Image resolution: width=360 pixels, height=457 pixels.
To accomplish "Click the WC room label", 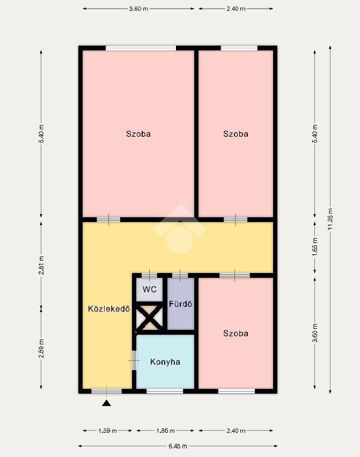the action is click(x=150, y=290).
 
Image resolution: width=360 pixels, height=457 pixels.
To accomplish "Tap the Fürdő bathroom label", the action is click(x=180, y=304).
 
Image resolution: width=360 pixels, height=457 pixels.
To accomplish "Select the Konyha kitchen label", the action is click(x=165, y=362).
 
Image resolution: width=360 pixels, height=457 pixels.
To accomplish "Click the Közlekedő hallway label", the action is click(x=109, y=308).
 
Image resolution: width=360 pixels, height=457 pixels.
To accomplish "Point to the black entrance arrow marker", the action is click(x=106, y=403).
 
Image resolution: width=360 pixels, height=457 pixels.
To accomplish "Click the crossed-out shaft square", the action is click(x=150, y=317).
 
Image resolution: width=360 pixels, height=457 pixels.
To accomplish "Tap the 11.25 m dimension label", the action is click(x=330, y=219).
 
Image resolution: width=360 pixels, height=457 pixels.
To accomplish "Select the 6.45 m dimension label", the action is click(x=178, y=446).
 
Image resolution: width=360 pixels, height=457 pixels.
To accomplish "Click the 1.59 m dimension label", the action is click(x=107, y=431).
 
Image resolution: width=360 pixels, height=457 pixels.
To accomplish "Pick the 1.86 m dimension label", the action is click(x=165, y=431).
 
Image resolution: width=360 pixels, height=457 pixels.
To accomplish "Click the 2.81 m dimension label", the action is click(x=41, y=265).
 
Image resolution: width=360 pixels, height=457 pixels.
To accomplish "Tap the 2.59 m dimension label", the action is click(x=41, y=348).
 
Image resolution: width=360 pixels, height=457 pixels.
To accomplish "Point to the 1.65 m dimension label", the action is click(x=315, y=247).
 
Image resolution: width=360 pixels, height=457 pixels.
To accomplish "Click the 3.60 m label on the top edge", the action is click(x=138, y=9).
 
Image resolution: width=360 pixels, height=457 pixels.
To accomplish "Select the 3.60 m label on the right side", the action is click(x=315, y=333).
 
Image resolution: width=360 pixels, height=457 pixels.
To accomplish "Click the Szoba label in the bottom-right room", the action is click(x=236, y=334).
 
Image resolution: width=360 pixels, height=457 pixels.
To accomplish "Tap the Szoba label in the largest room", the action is click(x=138, y=134).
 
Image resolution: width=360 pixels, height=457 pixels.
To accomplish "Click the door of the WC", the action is click(x=149, y=275).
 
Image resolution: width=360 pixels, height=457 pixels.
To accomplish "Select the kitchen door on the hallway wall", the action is click(x=134, y=360).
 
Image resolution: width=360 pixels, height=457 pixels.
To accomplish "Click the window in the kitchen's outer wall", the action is click(x=165, y=391).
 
